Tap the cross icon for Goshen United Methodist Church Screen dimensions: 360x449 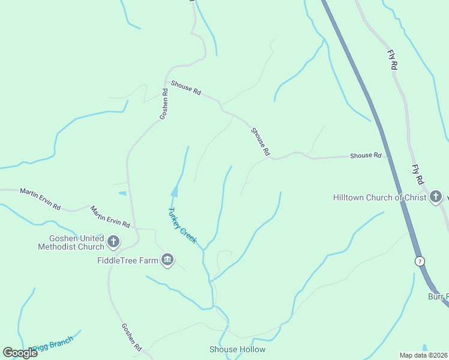(x=113, y=242)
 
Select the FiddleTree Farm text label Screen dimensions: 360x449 (x=127, y=260)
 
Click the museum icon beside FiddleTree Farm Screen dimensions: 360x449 (x=167, y=260)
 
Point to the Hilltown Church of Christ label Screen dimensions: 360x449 (x=380, y=197)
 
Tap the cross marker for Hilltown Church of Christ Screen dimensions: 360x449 (x=436, y=197)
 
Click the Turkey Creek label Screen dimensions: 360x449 (x=182, y=225)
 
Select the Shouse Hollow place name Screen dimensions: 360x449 (x=237, y=349)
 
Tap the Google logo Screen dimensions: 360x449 (x=20, y=352)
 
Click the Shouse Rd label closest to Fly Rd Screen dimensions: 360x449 (x=366, y=156)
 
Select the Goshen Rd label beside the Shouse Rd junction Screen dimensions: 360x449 (x=163, y=104)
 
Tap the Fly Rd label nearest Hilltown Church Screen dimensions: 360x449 (x=418, y=174)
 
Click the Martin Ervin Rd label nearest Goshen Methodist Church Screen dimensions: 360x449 (x=110, y=217)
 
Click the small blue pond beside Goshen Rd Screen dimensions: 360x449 (x=122, y=193)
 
